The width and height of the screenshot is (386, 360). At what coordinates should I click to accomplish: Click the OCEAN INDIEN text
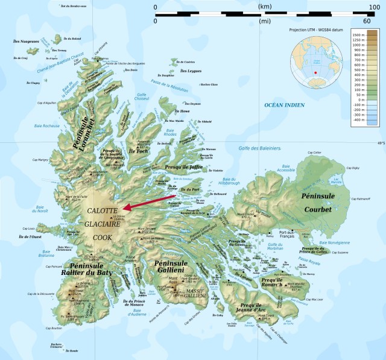point(285,105)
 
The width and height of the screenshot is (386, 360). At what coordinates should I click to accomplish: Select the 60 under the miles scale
point(367,21)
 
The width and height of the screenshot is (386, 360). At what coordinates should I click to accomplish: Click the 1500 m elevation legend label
point(359,36)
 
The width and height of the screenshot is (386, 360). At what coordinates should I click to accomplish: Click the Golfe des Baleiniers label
point(260,148)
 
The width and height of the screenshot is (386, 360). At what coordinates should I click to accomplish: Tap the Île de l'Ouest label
point(30,236)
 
